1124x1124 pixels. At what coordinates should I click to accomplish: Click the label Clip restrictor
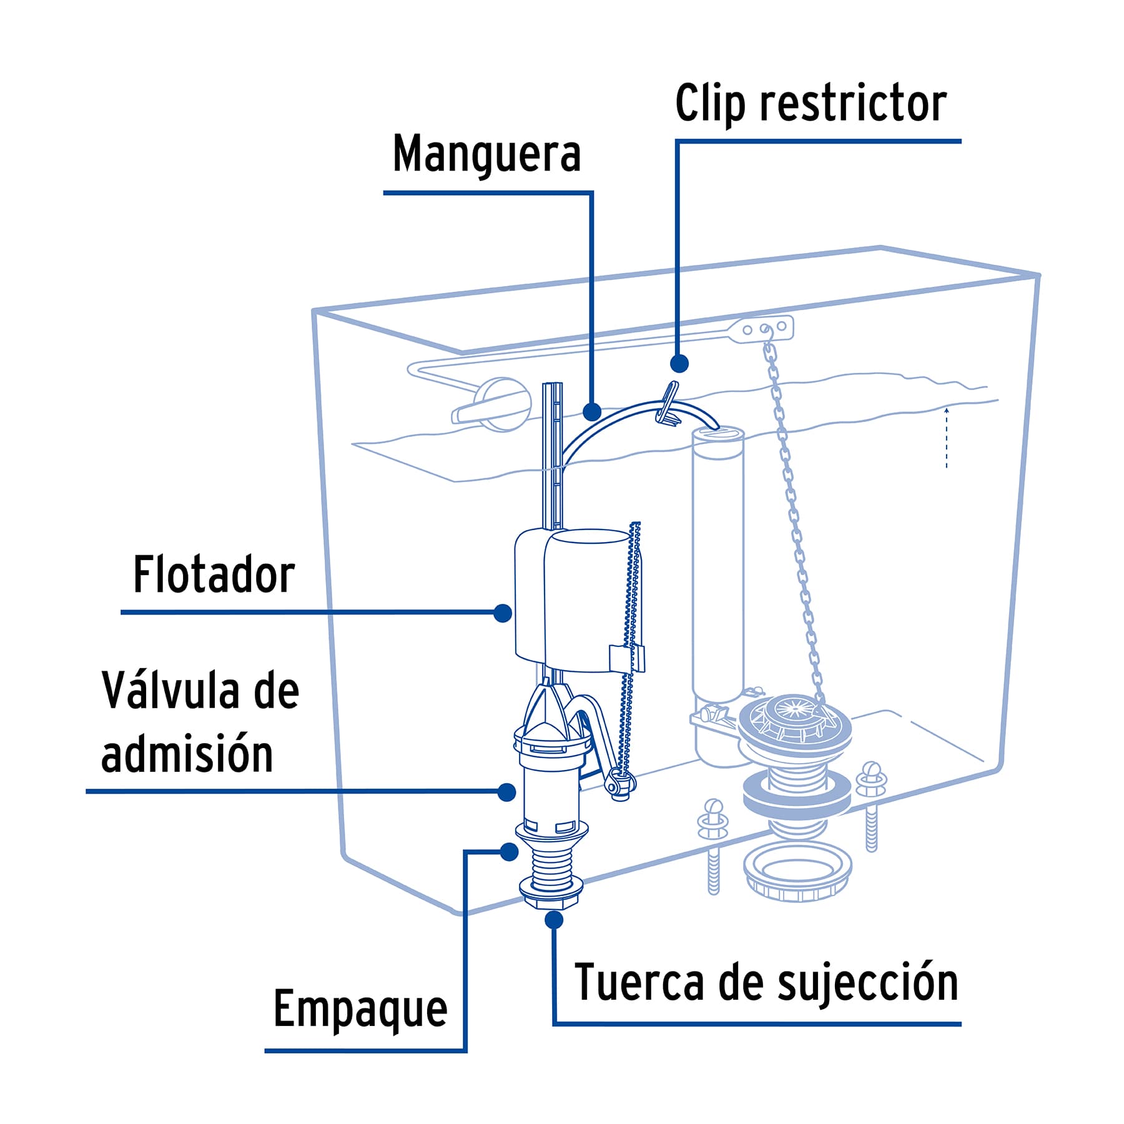[810, 104]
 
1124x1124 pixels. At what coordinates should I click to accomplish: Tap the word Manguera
[486, 154]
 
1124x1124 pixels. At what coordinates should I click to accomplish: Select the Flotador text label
[214, 575]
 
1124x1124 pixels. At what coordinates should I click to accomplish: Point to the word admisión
[187, 754]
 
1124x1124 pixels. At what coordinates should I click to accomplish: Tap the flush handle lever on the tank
[490, 406]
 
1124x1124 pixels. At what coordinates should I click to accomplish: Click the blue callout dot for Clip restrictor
[679, 363]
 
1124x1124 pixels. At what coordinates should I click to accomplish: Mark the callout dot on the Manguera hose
[591, 412]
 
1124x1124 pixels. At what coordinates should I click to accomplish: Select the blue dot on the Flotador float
[503, 613]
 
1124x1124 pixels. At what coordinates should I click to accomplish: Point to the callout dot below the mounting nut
[553, 920]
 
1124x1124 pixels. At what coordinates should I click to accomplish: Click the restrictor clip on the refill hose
[668, 405]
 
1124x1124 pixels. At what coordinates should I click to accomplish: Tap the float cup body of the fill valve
[578, 599]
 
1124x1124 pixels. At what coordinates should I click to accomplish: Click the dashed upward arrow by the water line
[947, 436]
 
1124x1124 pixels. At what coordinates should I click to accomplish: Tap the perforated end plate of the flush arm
[764, 328]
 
